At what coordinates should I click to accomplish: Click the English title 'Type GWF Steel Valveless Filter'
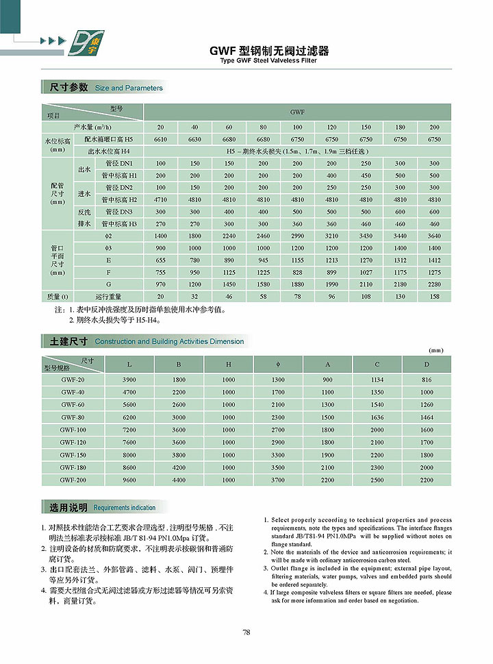click(268, 60)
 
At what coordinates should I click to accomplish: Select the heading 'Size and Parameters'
click(129, 88)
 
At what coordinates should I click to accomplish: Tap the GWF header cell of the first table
click(297, 111)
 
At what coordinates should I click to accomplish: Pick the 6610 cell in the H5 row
click(160, 139)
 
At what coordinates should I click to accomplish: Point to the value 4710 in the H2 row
click(160, 200)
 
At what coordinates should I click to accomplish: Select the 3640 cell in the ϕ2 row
click(434, 236)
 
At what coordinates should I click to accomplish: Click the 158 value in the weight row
click(434, 297)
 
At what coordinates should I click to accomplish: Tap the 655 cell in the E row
click(160, 260)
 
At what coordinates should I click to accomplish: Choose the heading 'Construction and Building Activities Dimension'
click(169, 341)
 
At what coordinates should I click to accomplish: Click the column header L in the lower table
click(129, 365)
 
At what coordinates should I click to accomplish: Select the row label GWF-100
click(72, 430)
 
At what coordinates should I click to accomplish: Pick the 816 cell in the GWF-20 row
click(427, 380)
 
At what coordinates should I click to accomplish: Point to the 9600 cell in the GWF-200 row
click(129, 480)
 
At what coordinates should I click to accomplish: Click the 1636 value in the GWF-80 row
click(377, 417)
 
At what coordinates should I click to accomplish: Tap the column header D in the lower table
click(427, 365)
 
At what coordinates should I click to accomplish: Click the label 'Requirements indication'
click(125, 508)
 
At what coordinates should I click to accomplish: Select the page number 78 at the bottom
click(246, 632)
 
